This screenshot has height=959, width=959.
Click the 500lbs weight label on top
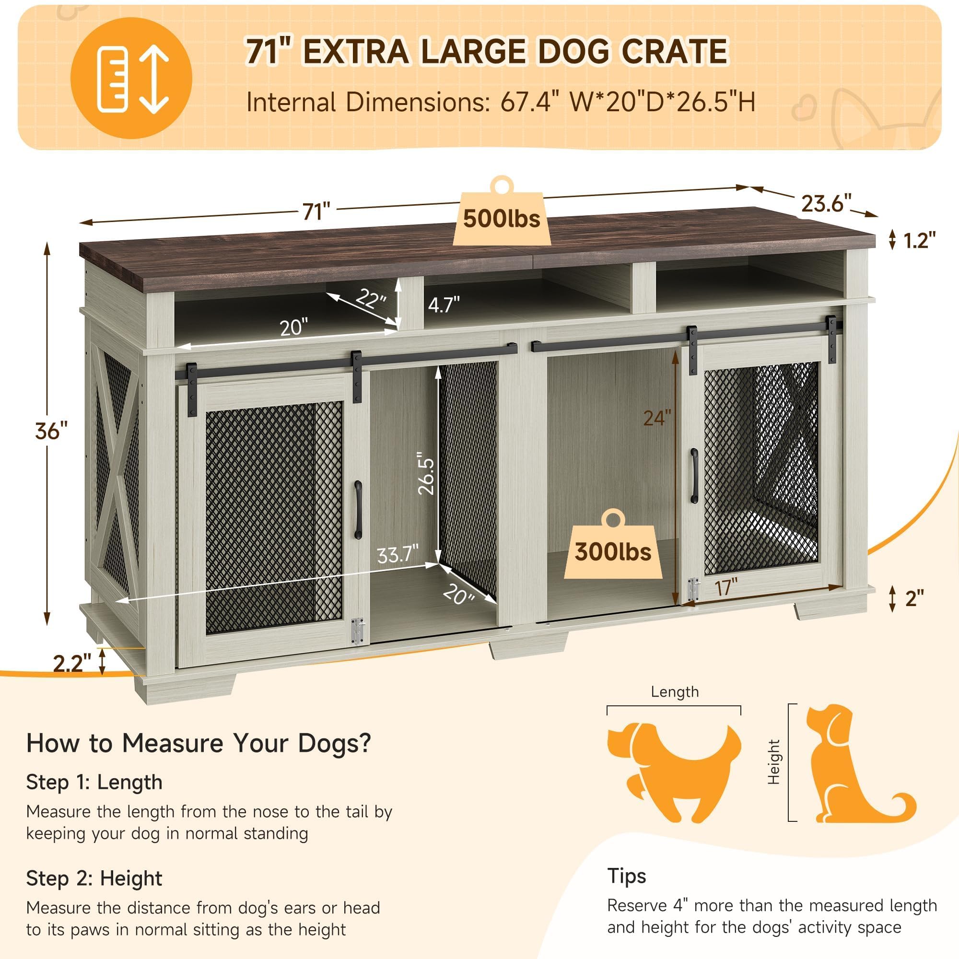pyautogui.click(x=502, y=220)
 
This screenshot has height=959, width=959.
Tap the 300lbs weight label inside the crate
pyautogui.click(x=612, y=552)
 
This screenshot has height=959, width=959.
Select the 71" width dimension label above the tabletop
pyautogui.click(x=316, y=211)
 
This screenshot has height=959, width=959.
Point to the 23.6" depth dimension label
pyautogui.click(x=826, y=203)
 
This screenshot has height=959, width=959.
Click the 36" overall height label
pyautogui.click(x=51, y=431)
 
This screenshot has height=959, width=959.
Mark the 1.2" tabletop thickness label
pyautogui.click(x=919, y=240)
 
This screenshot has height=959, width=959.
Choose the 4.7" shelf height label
pyautogui.click(x=444, y=304)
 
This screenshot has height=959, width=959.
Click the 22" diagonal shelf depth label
pyautogui.click(x=371, y=298)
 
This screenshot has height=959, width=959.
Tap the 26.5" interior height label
pyautogui.click(x=426, y=473)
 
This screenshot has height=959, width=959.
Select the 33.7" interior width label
pyautogui.click(x=398, y=554)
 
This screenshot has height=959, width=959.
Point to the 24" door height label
pyautogui.click(x=657, y=418)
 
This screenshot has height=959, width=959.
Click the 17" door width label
pyautogui.click(x=726, y=588)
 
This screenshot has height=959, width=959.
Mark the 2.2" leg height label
pyautogui.click(x=72, y=663)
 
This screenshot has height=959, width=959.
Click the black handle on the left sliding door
pyautogui.click(x=358, y=509)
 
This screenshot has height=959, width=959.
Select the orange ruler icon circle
pyautogui.click(x=131, y=78)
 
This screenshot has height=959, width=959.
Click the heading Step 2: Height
pyautogui.click(x=94, y=878)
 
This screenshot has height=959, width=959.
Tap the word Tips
pyautogui.click(x=626, y=876)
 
